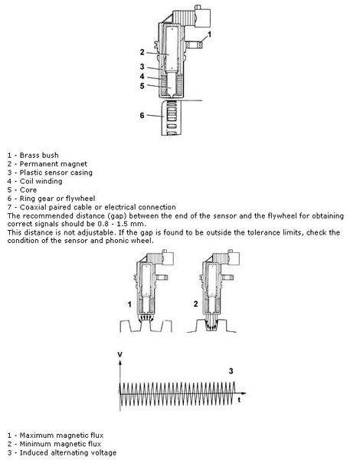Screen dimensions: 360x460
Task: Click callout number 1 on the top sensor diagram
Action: click(209, 34)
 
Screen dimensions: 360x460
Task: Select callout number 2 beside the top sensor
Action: click(142, 52)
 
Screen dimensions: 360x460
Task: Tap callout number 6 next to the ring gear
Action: click(142, 115)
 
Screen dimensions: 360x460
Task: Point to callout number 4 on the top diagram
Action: click(142, 76)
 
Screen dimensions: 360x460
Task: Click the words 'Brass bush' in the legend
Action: click(39, 155)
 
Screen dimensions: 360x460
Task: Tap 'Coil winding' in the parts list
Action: click(41, 181)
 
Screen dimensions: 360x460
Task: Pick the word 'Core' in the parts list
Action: click(28, 190)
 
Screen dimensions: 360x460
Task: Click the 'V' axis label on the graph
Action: click(120, 355)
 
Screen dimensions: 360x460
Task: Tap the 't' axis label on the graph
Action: click(239, 399)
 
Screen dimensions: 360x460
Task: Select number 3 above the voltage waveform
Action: click(231, 371)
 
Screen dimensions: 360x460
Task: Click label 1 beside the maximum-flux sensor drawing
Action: click(129, 304)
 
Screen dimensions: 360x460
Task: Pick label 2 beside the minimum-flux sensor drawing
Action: click(196, 304)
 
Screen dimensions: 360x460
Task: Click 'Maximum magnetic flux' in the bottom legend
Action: click(61, 435)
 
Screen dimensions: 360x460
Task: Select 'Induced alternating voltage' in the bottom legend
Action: click(68, 452)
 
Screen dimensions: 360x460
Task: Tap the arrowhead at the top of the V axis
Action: click(120, 363)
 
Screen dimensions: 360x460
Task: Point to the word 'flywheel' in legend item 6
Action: click(80, 199)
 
